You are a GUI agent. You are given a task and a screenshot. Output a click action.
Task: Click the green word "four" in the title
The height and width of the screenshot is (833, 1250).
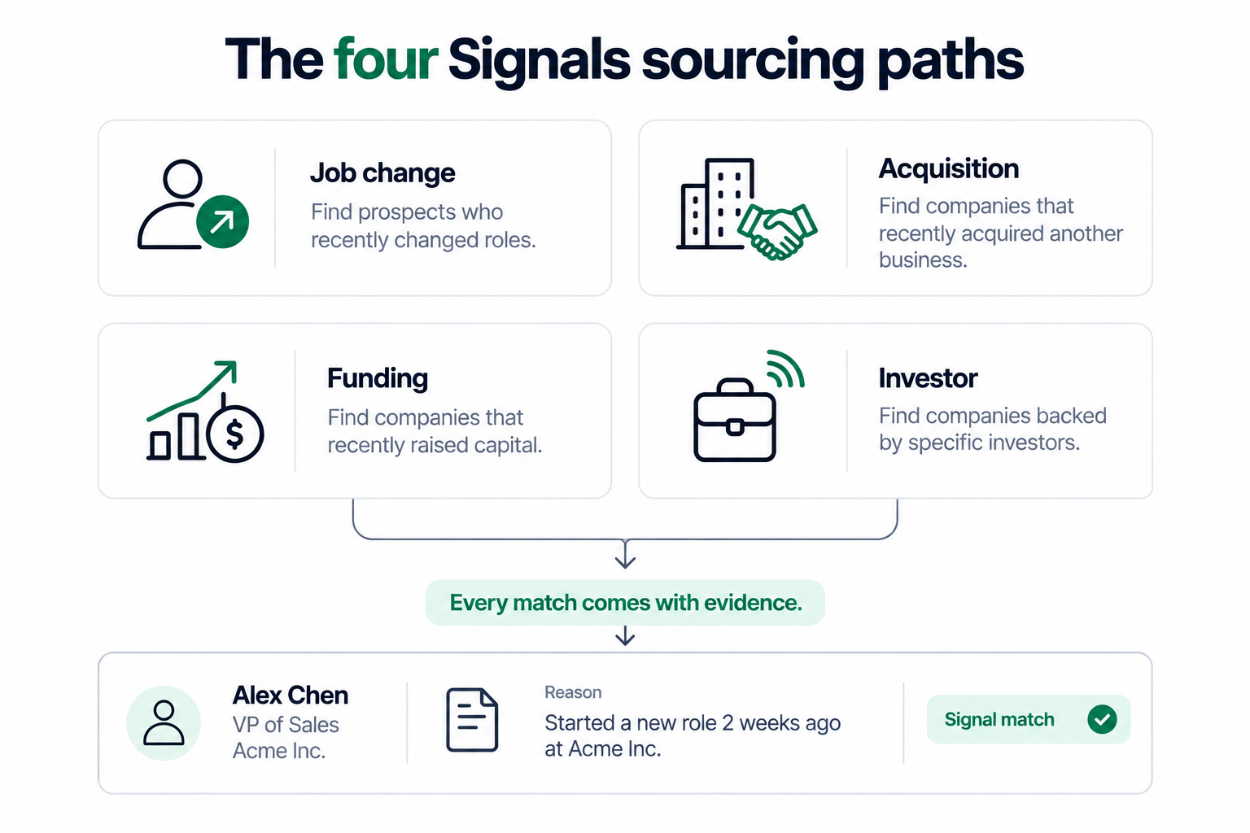coord(385,59)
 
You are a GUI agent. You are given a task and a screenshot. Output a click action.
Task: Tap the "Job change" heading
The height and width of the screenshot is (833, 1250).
coord(382,172)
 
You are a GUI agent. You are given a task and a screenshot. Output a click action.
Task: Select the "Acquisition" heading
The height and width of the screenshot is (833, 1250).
coord(949,168)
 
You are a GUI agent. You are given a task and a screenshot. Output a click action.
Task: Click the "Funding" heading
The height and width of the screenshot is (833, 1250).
coord(378,377)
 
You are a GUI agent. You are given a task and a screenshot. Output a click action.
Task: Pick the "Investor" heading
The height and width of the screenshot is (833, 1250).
coord(928,378)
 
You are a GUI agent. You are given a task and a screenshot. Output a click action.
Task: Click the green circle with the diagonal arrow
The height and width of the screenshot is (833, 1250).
coord(223,222)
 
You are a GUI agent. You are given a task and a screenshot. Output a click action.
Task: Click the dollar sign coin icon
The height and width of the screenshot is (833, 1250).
coord(235,433)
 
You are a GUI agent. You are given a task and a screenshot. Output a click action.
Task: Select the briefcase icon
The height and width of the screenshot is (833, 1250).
coord(734,420)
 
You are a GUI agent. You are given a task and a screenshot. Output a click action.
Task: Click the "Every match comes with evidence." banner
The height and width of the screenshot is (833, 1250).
coord(625,603)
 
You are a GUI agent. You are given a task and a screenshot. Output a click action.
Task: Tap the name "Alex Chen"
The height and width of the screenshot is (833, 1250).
coord(291,696)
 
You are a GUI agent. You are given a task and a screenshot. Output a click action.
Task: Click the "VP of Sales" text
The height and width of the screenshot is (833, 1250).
coord(286,725)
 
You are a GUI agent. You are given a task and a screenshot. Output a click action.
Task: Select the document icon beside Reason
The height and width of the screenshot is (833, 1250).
coord(472,720)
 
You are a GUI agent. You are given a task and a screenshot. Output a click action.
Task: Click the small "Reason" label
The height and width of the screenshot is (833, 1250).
coord(573,692)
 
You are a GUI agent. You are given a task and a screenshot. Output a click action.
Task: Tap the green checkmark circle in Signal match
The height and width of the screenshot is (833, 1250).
coord(1102,719)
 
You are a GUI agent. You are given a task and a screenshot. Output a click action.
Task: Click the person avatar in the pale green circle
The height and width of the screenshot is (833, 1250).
coord(164,722)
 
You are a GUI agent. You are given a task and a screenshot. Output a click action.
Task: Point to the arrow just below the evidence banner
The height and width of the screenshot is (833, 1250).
coord(625,635)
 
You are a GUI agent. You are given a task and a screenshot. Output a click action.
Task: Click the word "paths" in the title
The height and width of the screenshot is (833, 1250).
coord(951,61)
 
